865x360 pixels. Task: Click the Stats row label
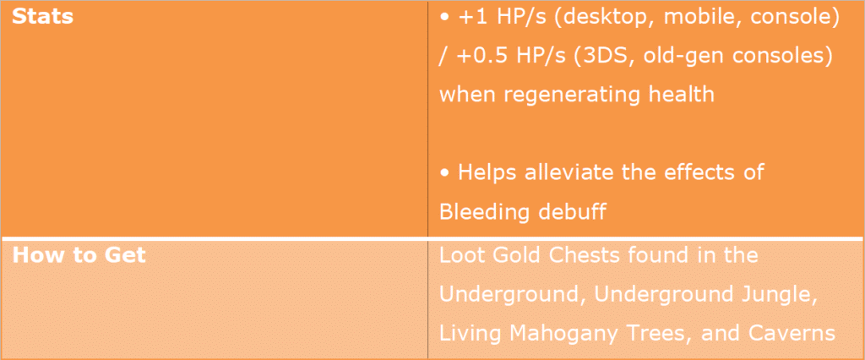pos(42,17)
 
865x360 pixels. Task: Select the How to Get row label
pos(79,255)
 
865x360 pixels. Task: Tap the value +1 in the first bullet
pos(468,18)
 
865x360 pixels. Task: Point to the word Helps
pos(487,173)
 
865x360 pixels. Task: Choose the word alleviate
pos(576,172)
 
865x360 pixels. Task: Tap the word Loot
pos(460,255)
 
